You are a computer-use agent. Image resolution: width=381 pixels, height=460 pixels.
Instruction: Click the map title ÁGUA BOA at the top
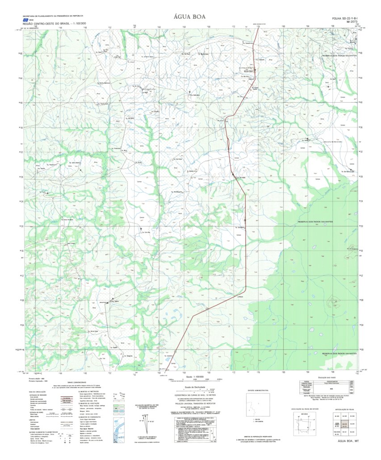[190, 17]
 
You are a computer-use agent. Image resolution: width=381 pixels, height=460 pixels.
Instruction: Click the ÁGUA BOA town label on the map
[249, 71]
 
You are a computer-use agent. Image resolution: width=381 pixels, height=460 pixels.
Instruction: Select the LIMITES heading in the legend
[32, 419]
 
